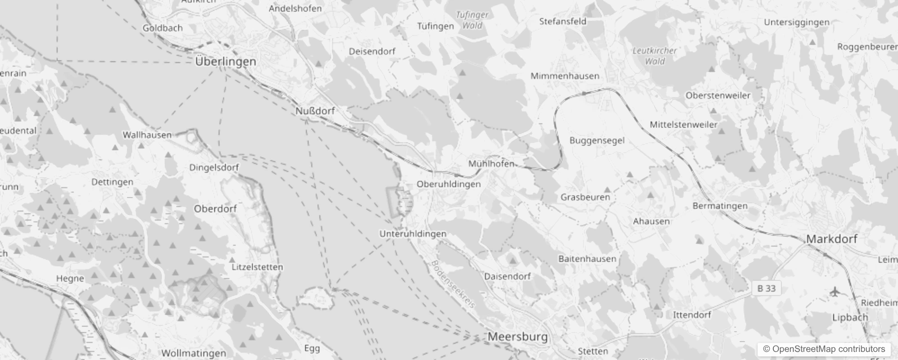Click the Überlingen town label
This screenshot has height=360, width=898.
click(225, 62)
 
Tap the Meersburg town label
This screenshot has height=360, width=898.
click(518, 337)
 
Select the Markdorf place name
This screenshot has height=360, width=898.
click(831, 239)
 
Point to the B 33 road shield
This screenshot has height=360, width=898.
click(766, 288)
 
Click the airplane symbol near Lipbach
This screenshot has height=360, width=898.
click(835, 292)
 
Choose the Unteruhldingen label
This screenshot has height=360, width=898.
click(413, 234)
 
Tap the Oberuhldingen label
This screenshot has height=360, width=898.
click(449, 184)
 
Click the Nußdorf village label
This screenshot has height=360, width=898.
click(315, 111)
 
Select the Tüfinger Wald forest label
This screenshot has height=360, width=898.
click(472, 20)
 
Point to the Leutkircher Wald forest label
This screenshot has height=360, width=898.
click(655, 56)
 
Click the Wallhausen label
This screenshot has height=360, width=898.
click(147, 135)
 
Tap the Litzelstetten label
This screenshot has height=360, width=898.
click(257, 267)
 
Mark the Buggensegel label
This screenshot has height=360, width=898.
click(597, 140)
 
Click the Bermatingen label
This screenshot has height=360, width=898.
click(720, 206)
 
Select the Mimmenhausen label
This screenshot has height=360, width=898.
click(565, 76)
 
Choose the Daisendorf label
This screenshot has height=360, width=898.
click(507, 276)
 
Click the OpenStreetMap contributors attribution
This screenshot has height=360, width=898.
click(824, 349)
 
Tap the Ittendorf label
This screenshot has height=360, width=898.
click(692, 315)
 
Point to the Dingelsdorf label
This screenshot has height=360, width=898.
click(214, 167)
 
